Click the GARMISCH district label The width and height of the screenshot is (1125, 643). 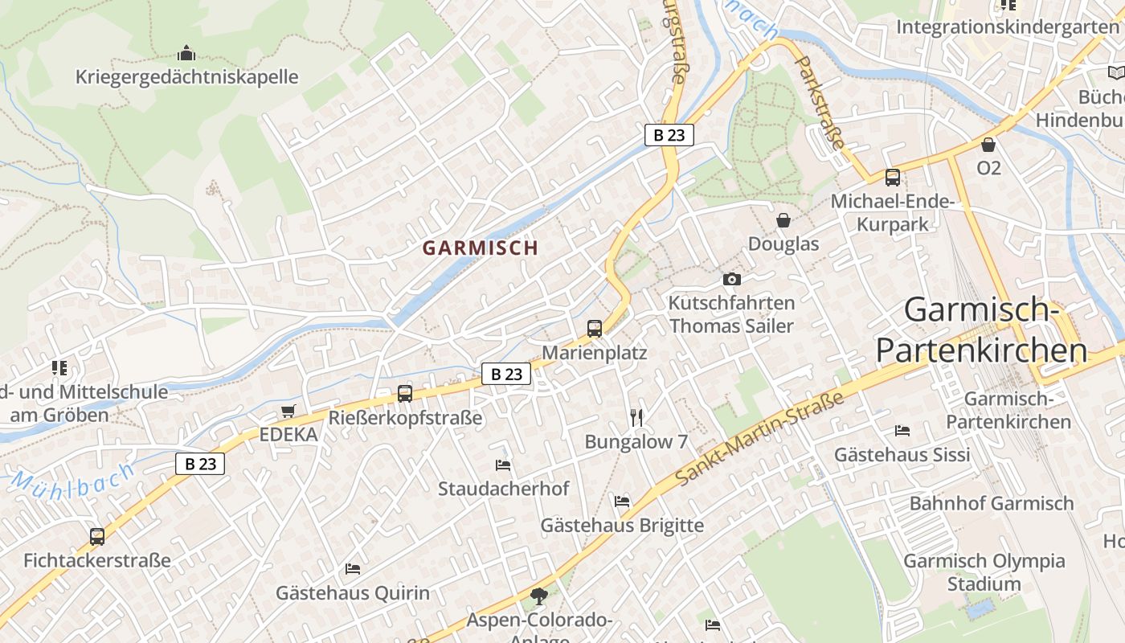point(481,248)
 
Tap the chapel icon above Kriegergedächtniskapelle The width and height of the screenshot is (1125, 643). point(186,54)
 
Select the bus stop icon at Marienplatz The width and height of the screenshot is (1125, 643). point(595,328)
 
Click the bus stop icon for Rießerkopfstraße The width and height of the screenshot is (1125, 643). point(405,394)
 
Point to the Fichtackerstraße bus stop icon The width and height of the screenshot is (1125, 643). point(97,536)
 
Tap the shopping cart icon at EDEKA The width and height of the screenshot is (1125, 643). point(288,412)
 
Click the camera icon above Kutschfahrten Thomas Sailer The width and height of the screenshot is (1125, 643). point(731,279)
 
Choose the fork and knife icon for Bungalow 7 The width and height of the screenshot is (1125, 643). point(636,417)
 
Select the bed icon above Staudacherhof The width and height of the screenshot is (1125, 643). point(503,465)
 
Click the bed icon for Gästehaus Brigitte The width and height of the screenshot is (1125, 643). point(622,502)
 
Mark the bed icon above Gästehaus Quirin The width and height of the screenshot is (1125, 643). point(352,569)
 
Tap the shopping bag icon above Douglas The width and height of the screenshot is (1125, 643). point(783,219)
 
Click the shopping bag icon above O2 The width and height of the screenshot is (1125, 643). point(988,145)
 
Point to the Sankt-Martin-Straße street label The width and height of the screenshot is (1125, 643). point(759,439)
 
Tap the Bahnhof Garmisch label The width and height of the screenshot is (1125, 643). point(992,503)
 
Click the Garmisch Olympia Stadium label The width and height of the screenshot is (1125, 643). point(984,571)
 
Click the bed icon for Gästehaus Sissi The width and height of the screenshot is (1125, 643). point(902,431)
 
